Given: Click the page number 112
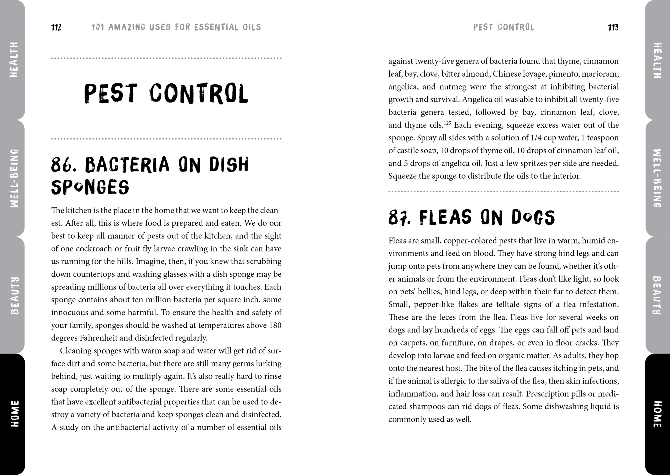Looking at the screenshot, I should [x=56, y=27].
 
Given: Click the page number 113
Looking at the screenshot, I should [x=613, y=27].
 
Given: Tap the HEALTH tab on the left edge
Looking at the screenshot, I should [x=13, y=60].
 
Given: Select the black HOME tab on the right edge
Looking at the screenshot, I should [x=657, y=414].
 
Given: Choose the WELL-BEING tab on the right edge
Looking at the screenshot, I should [x=657, y=178].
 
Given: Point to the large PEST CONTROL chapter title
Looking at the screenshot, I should [x=166, y=94].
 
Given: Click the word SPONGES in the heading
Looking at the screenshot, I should [x=90, y=187].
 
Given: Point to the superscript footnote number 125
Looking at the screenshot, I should [x=447, y=123].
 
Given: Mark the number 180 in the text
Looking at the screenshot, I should [x=275, y=325].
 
